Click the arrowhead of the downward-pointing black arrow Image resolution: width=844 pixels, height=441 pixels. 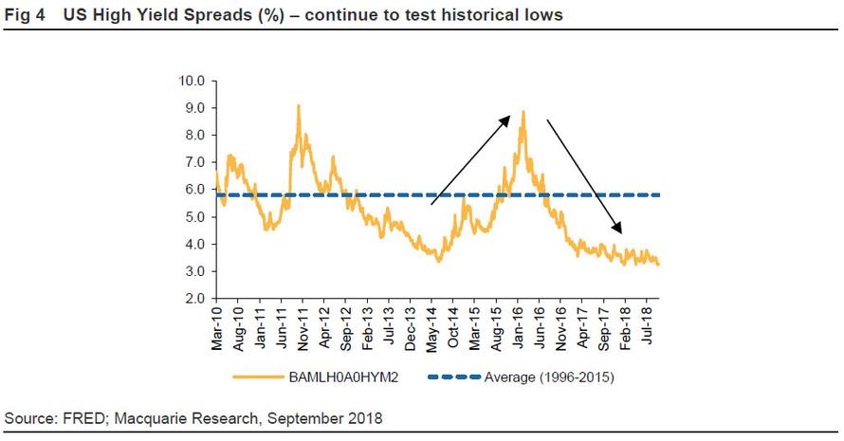click(x=621, y=231)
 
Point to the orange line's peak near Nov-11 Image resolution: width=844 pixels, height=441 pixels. click(x=299, y=105)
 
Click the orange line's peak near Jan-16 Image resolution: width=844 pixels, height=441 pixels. click(x=523, y=112)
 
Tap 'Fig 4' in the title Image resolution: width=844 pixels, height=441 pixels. click(x=25, y=15)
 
